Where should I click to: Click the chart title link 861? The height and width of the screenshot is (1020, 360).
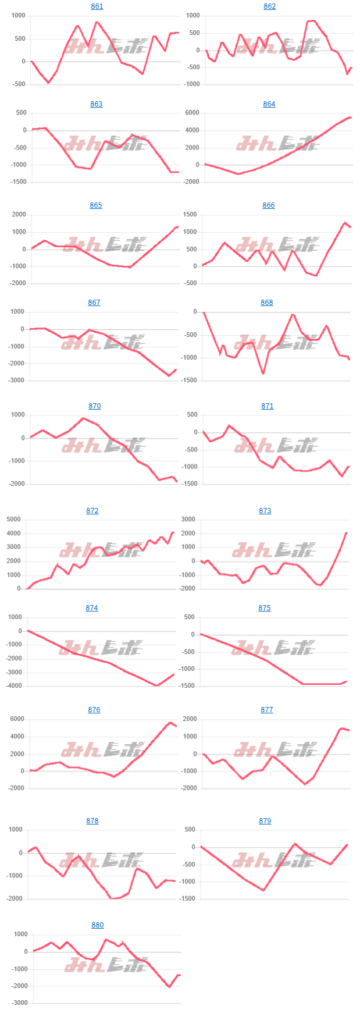(97, 6)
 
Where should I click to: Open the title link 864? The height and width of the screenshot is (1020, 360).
(269, 104)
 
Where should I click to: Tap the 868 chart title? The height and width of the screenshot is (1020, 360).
(266, 303)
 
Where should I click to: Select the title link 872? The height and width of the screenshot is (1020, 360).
(92, 511)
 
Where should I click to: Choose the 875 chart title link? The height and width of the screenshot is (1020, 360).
(265, 608)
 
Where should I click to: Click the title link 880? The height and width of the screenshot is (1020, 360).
(97, 925)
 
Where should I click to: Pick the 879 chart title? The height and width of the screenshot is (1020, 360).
(265, 821)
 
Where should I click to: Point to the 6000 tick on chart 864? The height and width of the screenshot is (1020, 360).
(191, 113)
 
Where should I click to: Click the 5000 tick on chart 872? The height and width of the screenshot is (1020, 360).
(13, 520)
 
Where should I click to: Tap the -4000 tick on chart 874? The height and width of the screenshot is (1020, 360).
(12, 686)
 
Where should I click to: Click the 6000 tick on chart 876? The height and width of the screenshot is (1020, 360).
(16, 719)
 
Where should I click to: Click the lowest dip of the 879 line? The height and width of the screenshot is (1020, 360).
(263, 890)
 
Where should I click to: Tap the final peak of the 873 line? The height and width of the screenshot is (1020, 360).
(346, 532)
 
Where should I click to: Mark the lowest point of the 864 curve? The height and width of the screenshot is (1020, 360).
(238, 174)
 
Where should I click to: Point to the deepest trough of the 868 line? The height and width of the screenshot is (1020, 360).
(263, 373)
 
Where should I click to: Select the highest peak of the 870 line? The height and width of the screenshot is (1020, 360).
(83, 418)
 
